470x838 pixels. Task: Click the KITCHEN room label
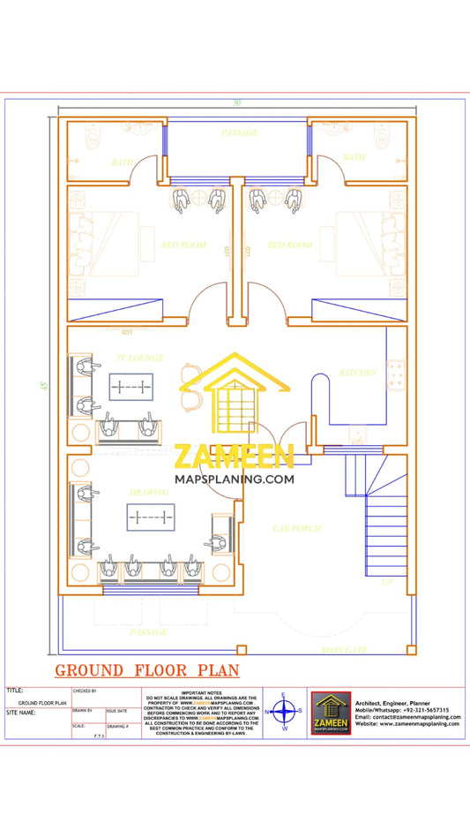359,373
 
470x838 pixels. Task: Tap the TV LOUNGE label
136,358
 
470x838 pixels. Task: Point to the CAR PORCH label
296,529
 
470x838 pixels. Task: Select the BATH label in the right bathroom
354,157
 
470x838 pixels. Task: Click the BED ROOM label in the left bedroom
183,245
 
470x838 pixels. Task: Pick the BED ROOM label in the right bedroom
290,245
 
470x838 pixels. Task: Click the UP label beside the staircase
386,584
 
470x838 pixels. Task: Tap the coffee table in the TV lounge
131,387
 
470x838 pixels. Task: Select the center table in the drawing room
150,517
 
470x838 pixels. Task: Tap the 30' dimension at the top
236,103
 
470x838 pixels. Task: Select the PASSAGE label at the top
239,132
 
